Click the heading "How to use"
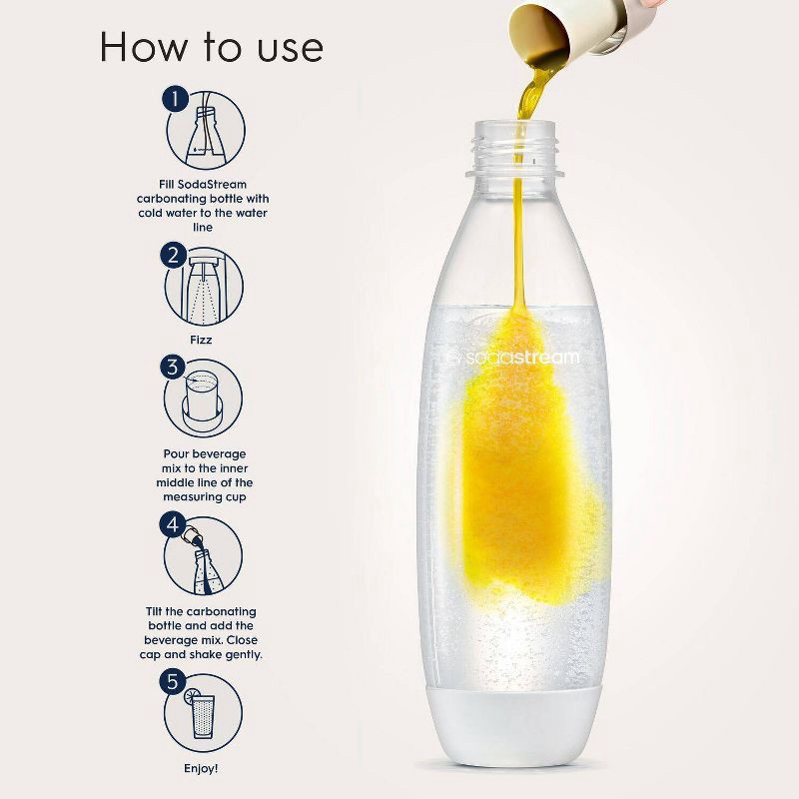210,47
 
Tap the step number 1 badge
175,99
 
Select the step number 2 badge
174,256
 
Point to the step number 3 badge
174,368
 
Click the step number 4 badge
174,523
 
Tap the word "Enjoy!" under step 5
203,769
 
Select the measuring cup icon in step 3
206,398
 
